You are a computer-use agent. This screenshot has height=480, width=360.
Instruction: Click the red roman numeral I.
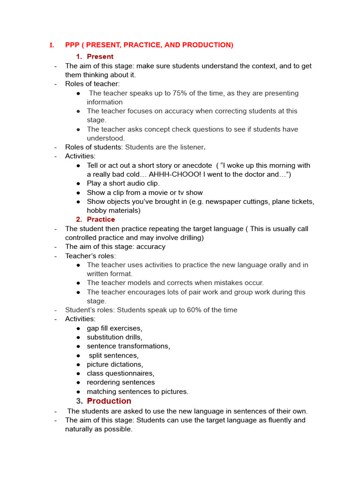52,45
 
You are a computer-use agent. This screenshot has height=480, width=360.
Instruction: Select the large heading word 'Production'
109,401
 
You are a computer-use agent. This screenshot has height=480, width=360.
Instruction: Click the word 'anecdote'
197,165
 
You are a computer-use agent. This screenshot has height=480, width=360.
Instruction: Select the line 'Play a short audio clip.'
123,183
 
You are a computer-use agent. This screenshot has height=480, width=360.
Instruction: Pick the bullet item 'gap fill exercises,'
114,328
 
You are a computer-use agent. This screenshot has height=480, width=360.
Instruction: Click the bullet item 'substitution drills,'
114,337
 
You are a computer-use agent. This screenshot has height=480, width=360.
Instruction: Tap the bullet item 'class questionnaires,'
120,373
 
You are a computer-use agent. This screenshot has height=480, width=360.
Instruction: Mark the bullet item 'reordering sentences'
120,382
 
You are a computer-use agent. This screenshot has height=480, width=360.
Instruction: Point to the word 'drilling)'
190,238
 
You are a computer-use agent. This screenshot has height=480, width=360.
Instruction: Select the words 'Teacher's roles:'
90,256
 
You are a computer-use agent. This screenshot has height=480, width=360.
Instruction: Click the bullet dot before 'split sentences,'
78,356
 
